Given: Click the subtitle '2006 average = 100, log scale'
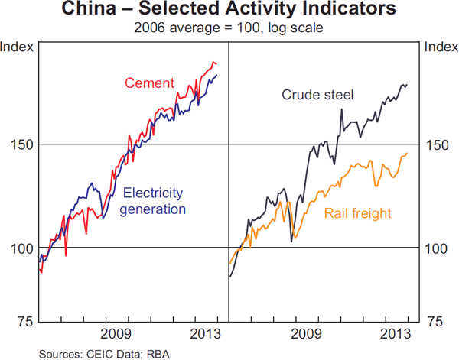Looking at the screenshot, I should pos(229,28).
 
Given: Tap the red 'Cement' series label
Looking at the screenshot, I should pos(149,83).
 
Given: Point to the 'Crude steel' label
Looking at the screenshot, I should pos(317,95).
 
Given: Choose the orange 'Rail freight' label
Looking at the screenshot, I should pos(358,214).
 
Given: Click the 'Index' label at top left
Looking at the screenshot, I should pos(17,47).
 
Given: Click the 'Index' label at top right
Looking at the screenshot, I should pos(441,47).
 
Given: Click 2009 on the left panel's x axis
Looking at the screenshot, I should pos(116,334).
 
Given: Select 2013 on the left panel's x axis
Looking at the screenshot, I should pos(205,334).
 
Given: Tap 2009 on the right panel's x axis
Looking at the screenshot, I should pos(307,334).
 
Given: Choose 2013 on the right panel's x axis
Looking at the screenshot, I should pos(396,334).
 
